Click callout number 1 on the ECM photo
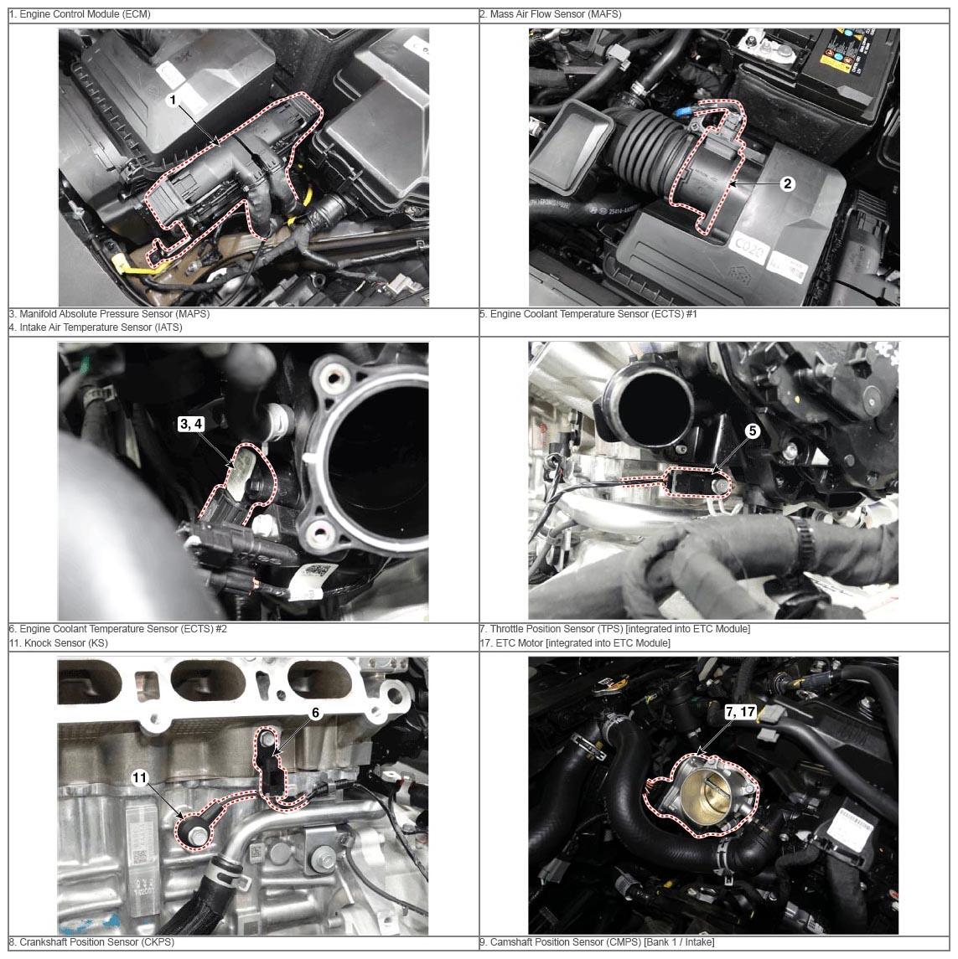click(x=173, y=100)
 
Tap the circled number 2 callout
click(x=787, y=183)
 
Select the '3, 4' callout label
click(x=191, y=424)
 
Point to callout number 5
click(x=753, y=431)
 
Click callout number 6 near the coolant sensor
click(x=315, y=713)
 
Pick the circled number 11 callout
click(x=140, y=777)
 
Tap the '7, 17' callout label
click(x=740, y=712)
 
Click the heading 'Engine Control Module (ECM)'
click(x=85, y=14)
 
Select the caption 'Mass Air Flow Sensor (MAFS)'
click(x=555, y=14)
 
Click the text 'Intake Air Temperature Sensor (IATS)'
click(x=101, y=327)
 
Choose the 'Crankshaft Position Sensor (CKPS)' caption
click(x=96, y=942)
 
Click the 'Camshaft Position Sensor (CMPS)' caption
click(x=564, y=942)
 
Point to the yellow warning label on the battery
click(x=830, y=61)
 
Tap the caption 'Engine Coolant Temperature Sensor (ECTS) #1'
click(x=593, y=314)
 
